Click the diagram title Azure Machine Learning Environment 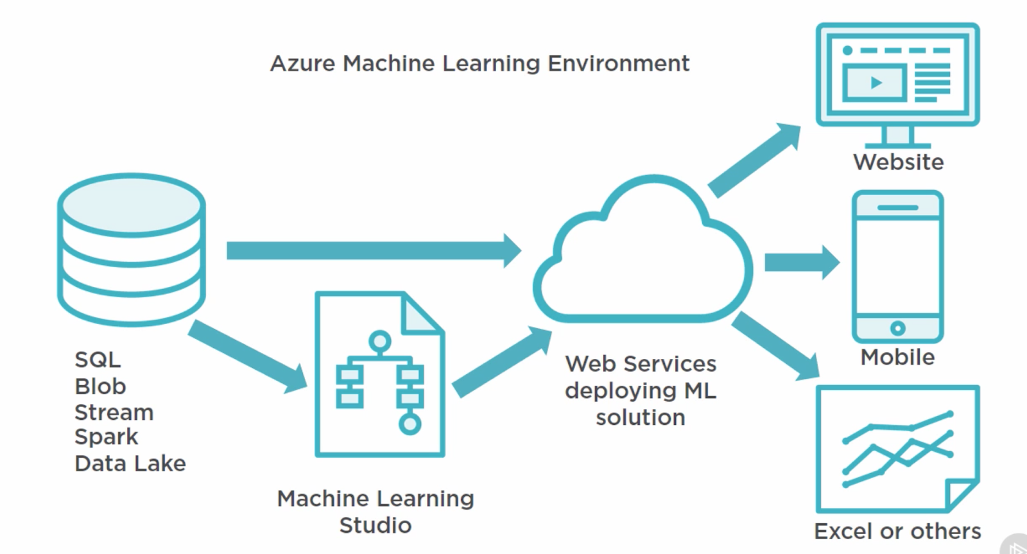pyautogui.click(x=479, y=64)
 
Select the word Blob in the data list pyautogui.click(x=100, y=386)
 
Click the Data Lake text pyautogui.click(x=130, y=463)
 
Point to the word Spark pyautogui.click(x=106, y=437)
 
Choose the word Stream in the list pyautogui.click(x=114, y=412)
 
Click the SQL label pyautogui.click(x=97, y=359)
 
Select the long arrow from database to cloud pyautogui.click(x=372, y=250)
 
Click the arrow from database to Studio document pyautogui.click(x=247, y=356)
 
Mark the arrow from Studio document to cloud pyautogui.click(x=501, y=363)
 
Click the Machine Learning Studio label pyautogui.click(x=375, y=512)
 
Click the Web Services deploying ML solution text pyautogui.click(x=641, y=390)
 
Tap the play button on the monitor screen pyautogui.click(x=876, y=82)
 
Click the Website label pyautogui.click(x=898, y=162)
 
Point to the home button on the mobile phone pyautogui.click(x=897, y=328)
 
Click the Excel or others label pyautogui.click(x=897, y=531)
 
